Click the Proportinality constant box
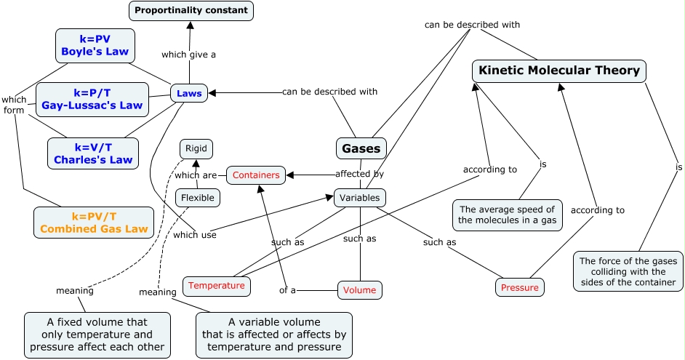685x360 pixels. (191, 10)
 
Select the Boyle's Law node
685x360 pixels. (95, 45)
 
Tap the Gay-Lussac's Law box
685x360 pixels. (92, 99)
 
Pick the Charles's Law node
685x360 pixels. (93, 153)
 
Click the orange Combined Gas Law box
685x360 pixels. (94, 223)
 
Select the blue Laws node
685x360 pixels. (189, 93)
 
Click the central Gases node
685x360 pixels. (361, 148)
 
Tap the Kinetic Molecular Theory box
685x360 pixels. (559, 71)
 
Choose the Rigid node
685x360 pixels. (196, 149)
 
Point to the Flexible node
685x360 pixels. (198, 197)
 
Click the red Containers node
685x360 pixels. (255, 175)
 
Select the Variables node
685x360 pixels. (360, 197)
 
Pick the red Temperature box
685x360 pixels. (217, 286)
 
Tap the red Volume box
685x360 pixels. (359, 290)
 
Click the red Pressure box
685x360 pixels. (520, 287)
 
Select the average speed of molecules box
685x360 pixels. (508, 215)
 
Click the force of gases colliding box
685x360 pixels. (628, 271)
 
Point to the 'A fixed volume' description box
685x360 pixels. (97, 334)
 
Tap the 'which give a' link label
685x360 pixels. (188, 54)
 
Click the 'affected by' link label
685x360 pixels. (359, 174)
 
